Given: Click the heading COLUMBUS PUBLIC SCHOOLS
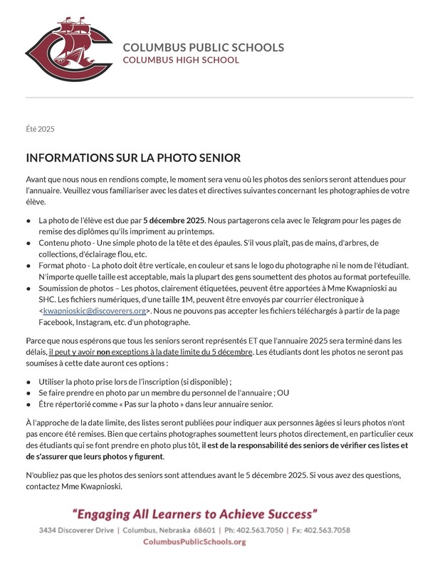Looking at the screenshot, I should coord(203,48).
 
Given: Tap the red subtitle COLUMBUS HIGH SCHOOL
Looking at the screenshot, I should coord(181,61).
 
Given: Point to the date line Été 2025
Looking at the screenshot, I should coord(40,129).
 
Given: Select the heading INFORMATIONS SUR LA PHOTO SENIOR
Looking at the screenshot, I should coord(133,157).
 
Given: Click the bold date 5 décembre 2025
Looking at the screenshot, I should coord(174,220).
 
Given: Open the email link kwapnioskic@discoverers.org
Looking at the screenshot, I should coord(94,311).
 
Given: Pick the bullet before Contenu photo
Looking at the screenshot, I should coord(28,243).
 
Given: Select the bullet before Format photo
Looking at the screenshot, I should coord(28,266).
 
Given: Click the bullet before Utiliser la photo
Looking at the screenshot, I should coord(28,382).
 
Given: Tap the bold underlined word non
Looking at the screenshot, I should coord(103,351).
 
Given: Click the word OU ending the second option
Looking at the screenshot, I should coord(282,393).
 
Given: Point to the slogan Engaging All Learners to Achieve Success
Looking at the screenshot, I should coord(194,514).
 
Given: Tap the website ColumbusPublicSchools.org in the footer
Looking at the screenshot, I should coord(194,542).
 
